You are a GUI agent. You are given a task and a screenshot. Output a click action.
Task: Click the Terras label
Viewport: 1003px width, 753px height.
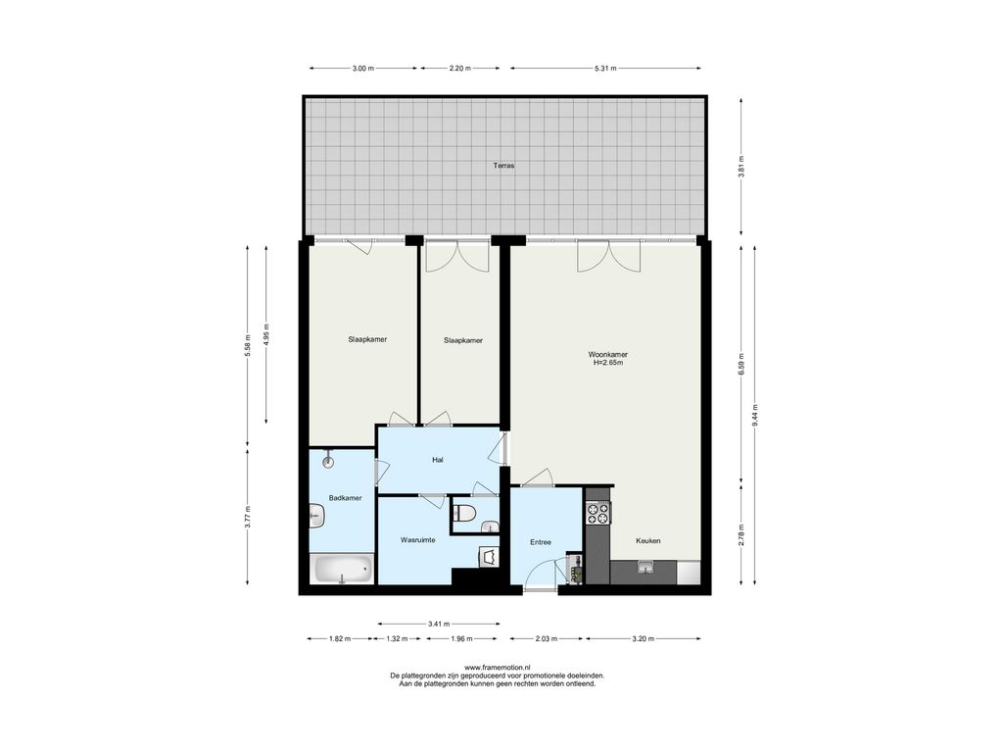click(503, 165)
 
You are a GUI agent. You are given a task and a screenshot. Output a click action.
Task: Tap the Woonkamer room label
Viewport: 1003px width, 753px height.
click(607, 354)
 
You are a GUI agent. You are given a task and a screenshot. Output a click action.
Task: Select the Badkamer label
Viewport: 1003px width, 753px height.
click(346, 497)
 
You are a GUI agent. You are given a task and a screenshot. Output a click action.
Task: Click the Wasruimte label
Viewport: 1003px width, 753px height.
click(417, 540)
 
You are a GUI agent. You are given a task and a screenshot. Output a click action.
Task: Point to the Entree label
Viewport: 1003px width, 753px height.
click(541, 542)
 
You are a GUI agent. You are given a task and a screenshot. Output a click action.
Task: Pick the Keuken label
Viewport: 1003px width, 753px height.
click(648, 540)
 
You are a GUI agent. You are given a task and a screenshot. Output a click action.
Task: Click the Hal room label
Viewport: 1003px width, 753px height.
click(438, 459)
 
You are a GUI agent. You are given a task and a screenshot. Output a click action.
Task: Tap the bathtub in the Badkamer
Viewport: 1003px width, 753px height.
click(342, 570)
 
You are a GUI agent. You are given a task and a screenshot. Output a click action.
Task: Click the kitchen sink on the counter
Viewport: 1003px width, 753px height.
click(644, 567)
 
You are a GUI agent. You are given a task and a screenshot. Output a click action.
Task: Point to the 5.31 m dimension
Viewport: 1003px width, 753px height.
click(605, 68)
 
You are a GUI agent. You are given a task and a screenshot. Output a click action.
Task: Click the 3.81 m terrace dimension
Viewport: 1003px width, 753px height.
click(740, 167)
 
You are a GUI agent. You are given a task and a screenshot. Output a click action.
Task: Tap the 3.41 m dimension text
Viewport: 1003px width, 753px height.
click(439, 623)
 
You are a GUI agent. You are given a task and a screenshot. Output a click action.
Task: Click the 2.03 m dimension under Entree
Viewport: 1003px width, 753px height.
click(546, 638)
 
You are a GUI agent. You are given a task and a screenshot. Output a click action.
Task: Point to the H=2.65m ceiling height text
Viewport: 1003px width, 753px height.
click(607, 363)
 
